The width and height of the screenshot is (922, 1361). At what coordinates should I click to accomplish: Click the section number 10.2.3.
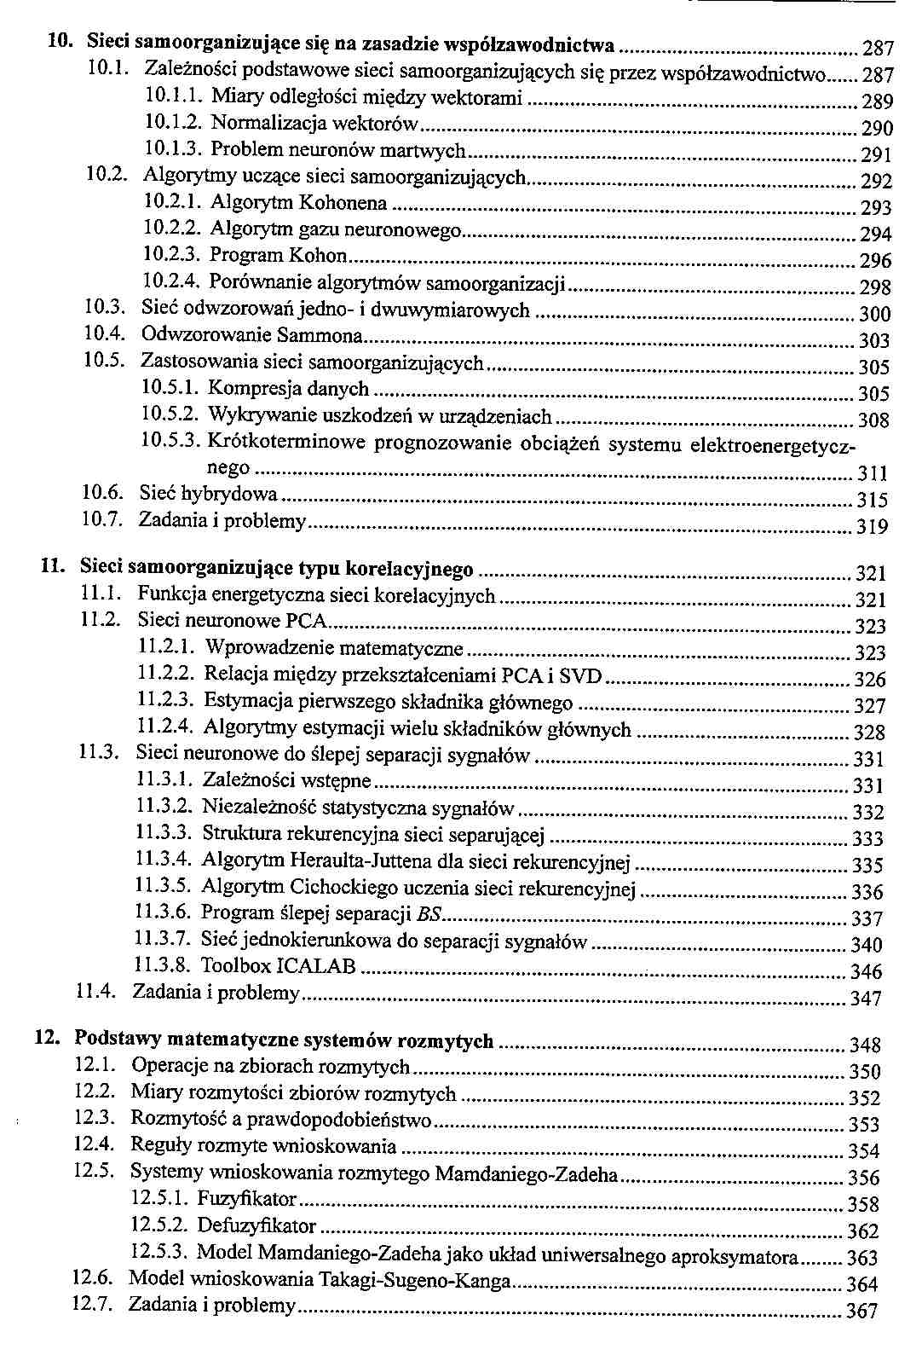(171, 256)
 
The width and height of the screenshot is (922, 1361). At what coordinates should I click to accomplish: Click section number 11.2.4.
(166, 729)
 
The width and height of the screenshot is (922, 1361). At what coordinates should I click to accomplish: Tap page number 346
(867, 972)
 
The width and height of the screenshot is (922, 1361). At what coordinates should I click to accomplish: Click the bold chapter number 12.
(46, 1040)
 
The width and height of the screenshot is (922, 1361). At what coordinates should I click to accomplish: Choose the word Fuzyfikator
(247, 1200)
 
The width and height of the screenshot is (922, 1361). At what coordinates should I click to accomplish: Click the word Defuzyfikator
(256, 1226)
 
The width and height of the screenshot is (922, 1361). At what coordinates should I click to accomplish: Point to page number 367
(861, 1312)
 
